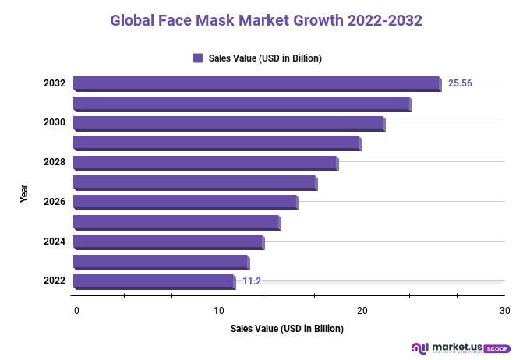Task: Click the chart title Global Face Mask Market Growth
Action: point(266,20)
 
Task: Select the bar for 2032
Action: point(257,83)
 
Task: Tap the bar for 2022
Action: point(154,281)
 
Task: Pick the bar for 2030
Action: point(228,123)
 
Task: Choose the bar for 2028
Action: point(205,163)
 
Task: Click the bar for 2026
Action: point(186,203)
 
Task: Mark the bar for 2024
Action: point(168,242)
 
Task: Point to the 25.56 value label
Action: point(460,83)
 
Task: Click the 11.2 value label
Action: point(251,281)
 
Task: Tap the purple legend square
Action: point(198,58)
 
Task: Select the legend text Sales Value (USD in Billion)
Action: point(265,58)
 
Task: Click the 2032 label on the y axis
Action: point(54,83)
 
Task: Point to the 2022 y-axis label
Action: point(54,281)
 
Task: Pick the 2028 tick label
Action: point(54,163)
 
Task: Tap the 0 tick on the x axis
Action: point(76,311)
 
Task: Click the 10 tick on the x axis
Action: point(219,311)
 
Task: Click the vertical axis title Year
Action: point(24,193)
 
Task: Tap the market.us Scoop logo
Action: point(460,348)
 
